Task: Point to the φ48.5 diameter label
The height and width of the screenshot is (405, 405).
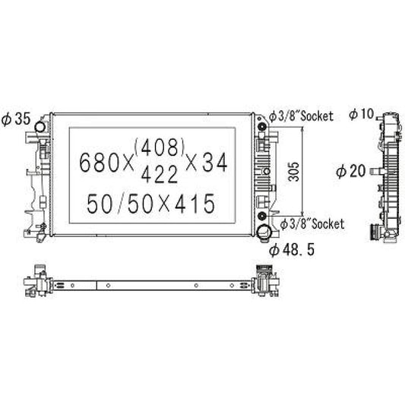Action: click(x=292, y=248)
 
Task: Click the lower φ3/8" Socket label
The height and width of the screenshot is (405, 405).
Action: click(x=312, y=224)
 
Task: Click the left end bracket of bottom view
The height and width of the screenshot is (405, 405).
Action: click(x=36, y=280)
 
